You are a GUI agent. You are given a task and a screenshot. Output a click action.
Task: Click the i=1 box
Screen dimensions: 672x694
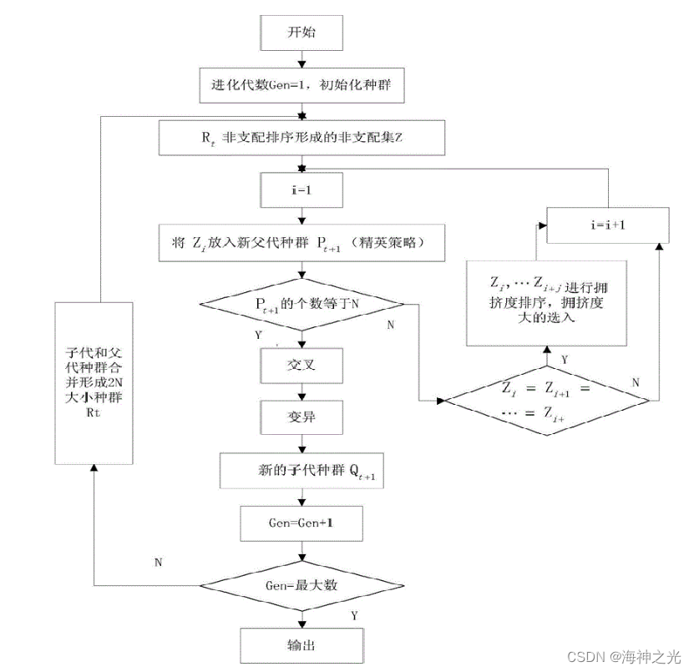pos(301,190)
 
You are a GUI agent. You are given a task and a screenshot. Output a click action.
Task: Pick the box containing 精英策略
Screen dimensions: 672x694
pos(301,243)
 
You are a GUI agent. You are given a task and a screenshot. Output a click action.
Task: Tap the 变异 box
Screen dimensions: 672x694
pos(301,416)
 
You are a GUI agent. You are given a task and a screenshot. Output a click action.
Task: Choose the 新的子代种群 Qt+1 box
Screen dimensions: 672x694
pos(301,472)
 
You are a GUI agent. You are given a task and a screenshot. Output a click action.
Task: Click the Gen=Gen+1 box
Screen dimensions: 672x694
pos(301,524)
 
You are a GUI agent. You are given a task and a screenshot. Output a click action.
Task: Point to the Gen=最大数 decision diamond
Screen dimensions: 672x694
pos(301,585)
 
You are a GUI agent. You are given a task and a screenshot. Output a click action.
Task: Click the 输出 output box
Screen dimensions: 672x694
pos(301,645)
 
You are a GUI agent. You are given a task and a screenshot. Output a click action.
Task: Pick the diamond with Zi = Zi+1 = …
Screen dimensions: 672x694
pos(545,401)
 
